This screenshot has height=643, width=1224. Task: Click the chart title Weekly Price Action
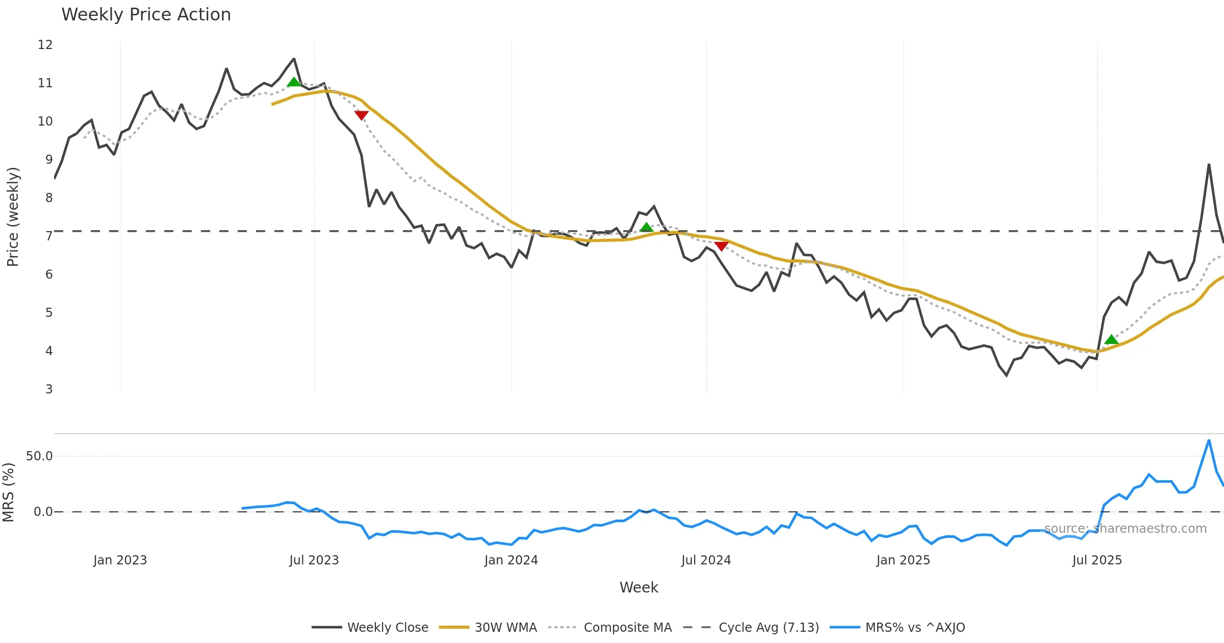tap(146, 15)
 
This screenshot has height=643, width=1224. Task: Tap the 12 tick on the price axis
tap(45, 45)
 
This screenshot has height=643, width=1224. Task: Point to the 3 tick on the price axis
tap(49, 389)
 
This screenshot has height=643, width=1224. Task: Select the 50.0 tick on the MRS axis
tap(39, 456)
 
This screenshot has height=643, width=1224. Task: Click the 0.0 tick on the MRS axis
tap(43, 512)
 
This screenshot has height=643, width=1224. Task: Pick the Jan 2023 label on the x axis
tap(120, 560)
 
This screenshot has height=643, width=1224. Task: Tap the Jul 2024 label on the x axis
tap(706, 560)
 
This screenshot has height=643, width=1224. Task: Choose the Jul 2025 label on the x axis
tap(1097, 560)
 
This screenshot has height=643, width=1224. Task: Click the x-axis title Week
tap(639, 588)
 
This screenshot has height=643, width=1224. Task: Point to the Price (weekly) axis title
tap(13, 217)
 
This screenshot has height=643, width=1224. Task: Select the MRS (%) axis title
tap(8, 492)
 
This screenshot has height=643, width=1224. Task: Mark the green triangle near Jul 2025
tap(1111, 340)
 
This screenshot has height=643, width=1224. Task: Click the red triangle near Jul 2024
tap(721, 246)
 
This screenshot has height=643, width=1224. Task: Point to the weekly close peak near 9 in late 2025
tap(1209, 165)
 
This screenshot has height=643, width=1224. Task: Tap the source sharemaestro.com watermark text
tap(1126, 529)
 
